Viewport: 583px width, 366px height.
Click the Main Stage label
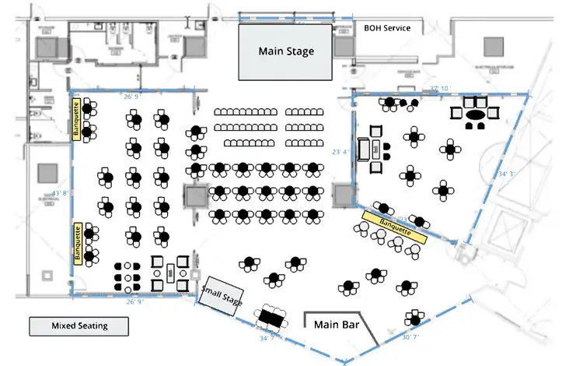[286, 51]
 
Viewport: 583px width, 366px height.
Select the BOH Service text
[387, 28]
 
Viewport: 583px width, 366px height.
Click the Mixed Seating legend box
[79, 326]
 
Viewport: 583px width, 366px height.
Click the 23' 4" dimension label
[340, 152]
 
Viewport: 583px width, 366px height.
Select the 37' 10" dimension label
[440, 88]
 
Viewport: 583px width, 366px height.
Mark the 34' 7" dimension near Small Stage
[268, 339]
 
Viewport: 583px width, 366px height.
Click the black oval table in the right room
[476, 114]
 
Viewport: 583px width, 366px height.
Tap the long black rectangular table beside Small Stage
[272, 317]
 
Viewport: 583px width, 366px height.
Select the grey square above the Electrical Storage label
[492, 47]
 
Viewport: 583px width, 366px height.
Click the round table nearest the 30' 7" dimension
[414, 317]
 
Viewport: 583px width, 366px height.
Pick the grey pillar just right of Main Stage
[344, 46]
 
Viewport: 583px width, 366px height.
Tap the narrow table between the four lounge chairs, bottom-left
[170, 273]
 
